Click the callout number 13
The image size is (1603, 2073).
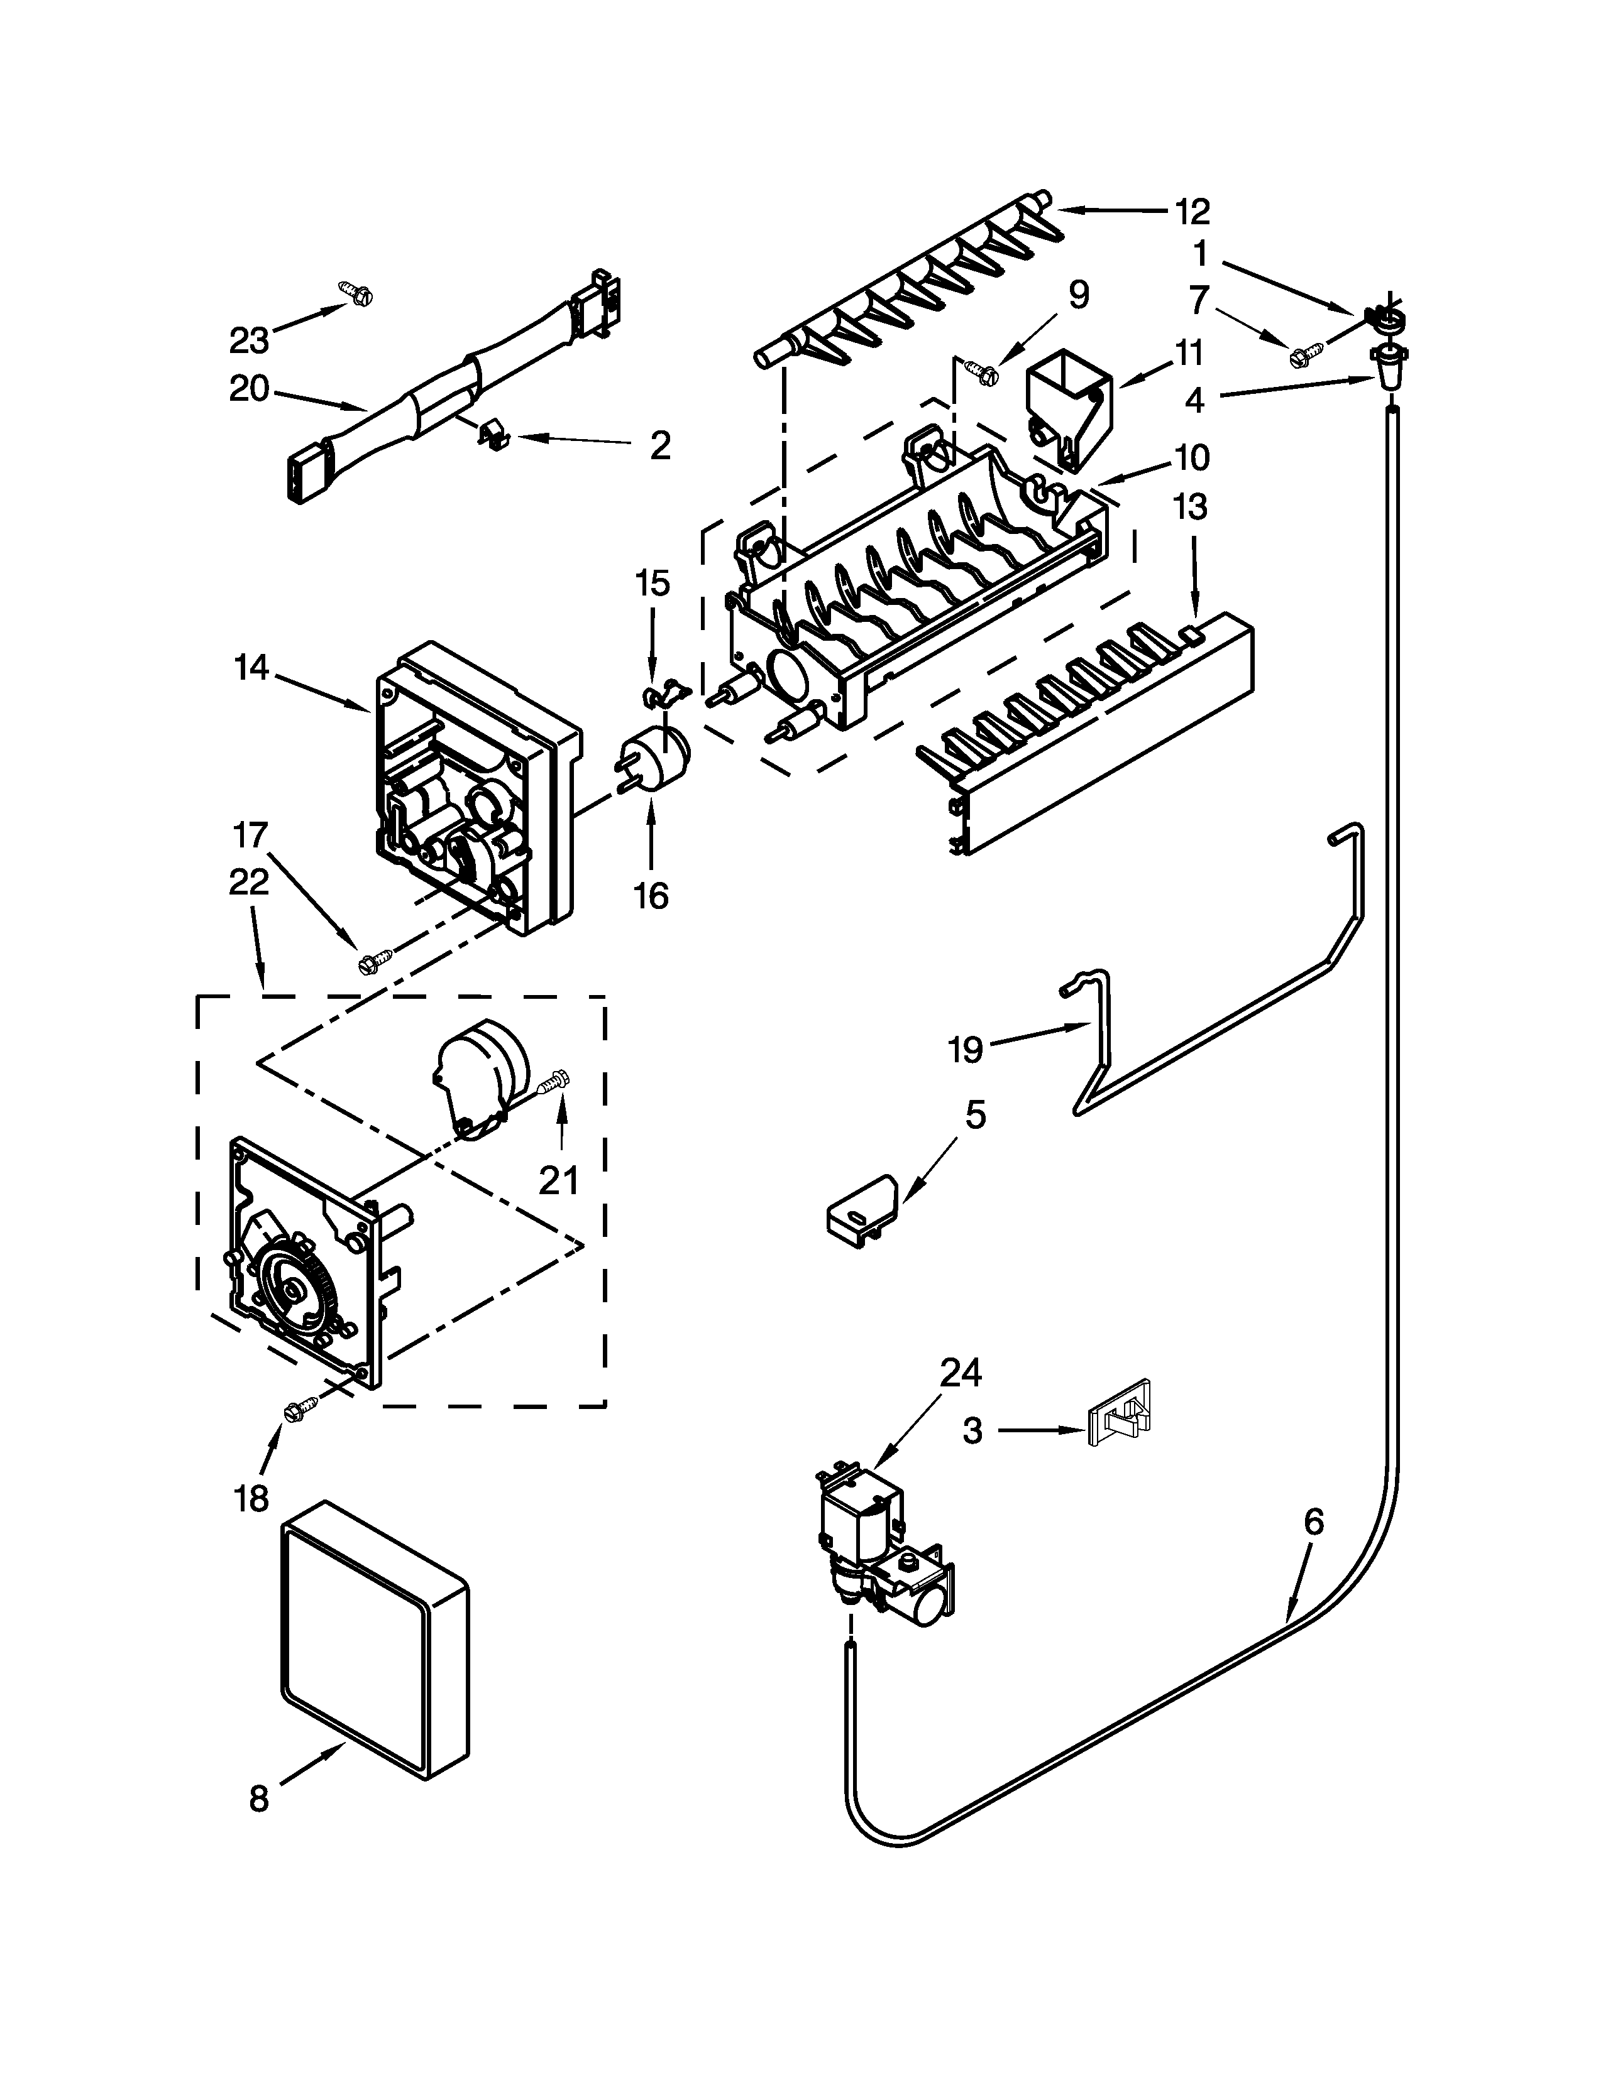pyautogui.click(x=1191, y=507)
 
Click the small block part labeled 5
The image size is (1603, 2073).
pyautogui.click(x=859, y=1211)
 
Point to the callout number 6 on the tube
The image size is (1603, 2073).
pyautogui.click(x=1313, y=1521)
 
